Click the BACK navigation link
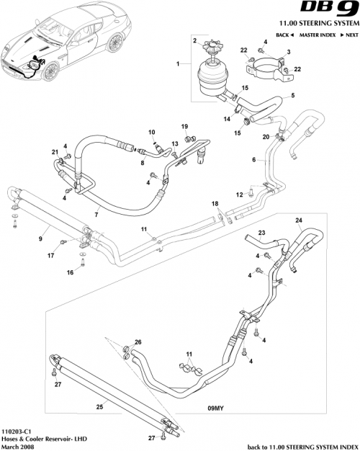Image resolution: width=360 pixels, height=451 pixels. [x=282, y=34]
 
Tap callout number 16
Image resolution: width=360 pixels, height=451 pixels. [x=71, y=272]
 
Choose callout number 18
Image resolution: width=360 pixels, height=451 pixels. [x=214, y=205]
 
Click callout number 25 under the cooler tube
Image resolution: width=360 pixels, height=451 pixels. [x=99, y=406]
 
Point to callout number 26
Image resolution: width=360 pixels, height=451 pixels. [x=138, y=341]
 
